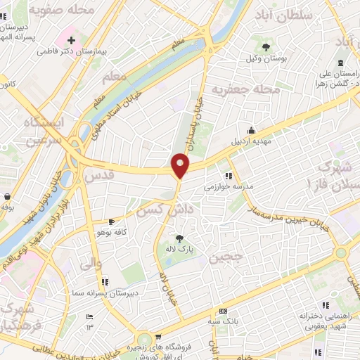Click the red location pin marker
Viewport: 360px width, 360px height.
pos(181,165)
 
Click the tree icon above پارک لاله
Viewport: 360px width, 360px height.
pos(179,238)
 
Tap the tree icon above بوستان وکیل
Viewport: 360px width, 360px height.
pos(266,46)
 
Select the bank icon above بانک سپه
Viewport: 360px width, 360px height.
pos(224,311)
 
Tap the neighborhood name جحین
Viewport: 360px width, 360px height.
pos(227,257)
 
